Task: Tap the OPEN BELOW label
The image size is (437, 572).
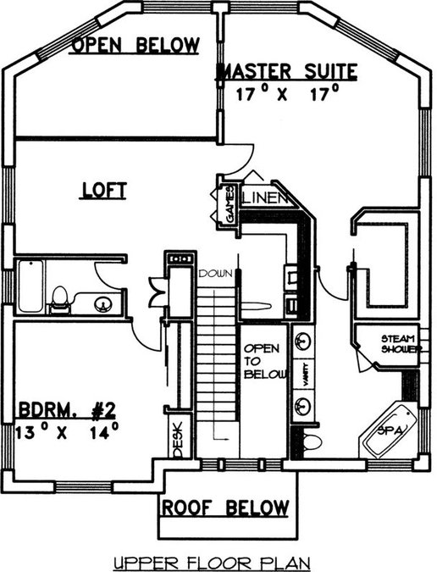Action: click(x=136, y=45)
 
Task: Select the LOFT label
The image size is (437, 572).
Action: click(x=104, y=191)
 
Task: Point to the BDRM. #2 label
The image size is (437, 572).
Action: click(x=67, y=409)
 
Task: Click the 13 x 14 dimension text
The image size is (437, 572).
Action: click(x=67, y=431)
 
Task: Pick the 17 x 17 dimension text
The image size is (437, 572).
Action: click(x=288, y=93)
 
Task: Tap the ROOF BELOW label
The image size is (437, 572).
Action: click(x=225, y=508)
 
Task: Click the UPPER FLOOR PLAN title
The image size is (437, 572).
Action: click(x=212, y=564)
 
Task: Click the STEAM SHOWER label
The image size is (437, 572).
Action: click(x=401, y=344)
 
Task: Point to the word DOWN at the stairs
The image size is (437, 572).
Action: click(x=215, y=273)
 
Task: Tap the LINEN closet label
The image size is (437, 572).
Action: click(x=265, y=198)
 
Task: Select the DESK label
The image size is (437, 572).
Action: click(x=178, y=440)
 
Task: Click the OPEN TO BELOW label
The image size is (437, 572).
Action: click(x=265, y=361)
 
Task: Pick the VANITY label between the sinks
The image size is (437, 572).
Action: click(x=306, y=375)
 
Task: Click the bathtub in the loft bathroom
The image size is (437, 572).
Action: click(x=31, y=286)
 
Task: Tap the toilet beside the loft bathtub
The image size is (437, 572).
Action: click(x=59, y=300)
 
